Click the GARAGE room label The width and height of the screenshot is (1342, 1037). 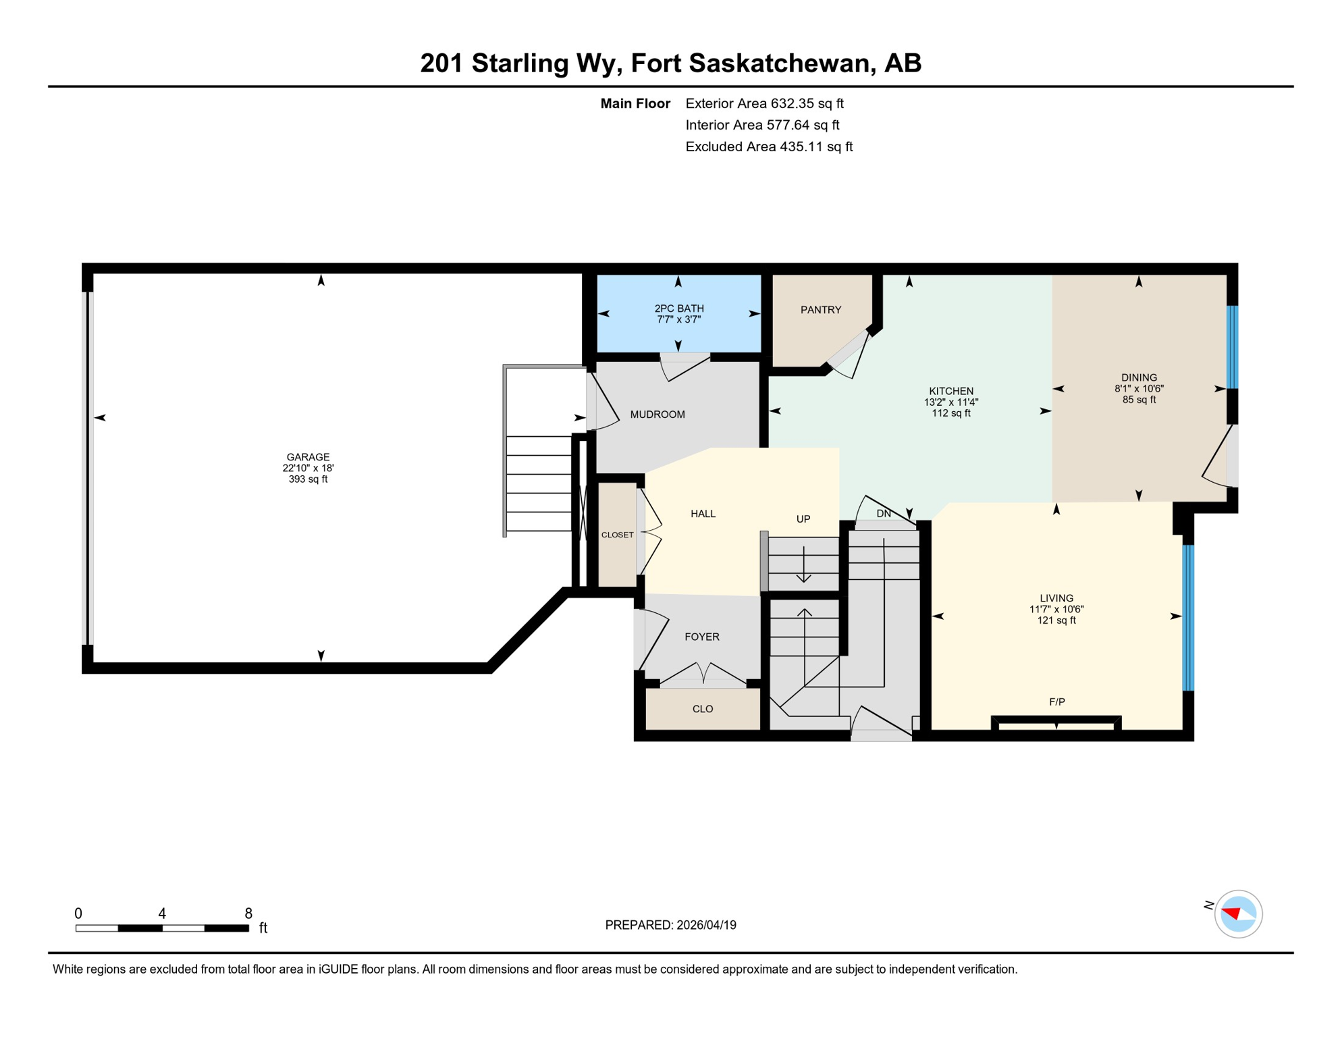pyautogui.click(x=308, y=457)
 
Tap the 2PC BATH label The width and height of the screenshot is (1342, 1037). pyautogui.click(x=678, y=309)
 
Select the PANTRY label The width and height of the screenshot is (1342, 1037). pyautogui.click(x=820, y=310)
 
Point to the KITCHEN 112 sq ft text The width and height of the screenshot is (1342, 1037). pyautogui.click(x=950, y=413)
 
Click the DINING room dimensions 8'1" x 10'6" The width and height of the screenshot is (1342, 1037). pyautogui.click(x=1139, y=389)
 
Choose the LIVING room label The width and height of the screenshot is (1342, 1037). pyautogui.click(x=1056, y=598)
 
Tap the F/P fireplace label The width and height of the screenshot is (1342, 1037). pyautogui.click(x=1056, y=702)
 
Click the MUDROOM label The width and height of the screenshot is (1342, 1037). pyautogui.click(x=657, y=415)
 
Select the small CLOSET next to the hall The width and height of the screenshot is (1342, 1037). pyautogui.click(x=617, y=535)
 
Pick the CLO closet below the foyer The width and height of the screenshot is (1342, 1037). pyautogui.click(x=702, y=709)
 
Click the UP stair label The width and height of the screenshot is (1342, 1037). pyautogui.click(x=803, y=519)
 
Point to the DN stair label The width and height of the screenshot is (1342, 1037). pyautogui.click(x=883, y=514)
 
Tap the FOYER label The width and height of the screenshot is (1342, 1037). pyautogui.click(x=701, y=637)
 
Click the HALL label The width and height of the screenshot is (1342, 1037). pyautogui.click(x=703, y=514)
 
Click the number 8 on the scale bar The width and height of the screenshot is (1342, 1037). pyautogui.click(x=248, y=913)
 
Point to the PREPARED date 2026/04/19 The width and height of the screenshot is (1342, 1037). pyautogui.click(x=670, y=925)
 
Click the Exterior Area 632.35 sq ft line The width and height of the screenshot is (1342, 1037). pyautogui.click(x=764, y=103)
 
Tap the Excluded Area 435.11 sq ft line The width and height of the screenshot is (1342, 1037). pyautogui.click(x=768, y=147)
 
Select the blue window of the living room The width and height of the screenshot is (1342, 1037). pyautogui.click(x=1188, y=618)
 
